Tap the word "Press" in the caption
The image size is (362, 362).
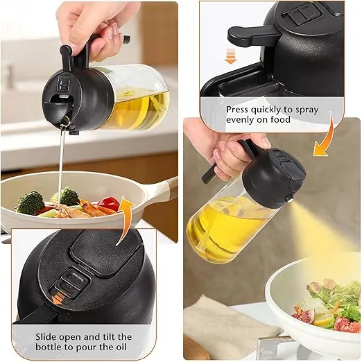pyautogui.click(x=237, y=110)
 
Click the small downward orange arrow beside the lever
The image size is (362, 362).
pyautogui.click(x=230, y=56)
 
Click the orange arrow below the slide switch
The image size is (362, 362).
pyautogui.click(x=58, y=298)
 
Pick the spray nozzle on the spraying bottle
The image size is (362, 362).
pyautogui.click(x=289, y=198)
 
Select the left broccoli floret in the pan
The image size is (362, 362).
pyautogui.click(x=30, y=202)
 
